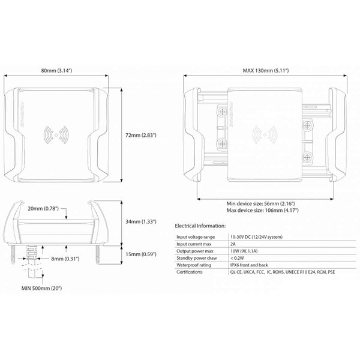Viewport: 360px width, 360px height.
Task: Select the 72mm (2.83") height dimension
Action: coord(143,136)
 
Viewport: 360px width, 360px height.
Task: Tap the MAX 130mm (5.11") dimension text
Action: coord(266,71)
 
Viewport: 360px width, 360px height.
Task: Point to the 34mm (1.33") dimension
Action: coord(144,222)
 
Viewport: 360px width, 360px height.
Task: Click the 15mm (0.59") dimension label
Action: coord(144,255)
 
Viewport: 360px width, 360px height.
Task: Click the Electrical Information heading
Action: coord(200,226)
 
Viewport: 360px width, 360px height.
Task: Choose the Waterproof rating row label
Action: coord(194,265)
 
